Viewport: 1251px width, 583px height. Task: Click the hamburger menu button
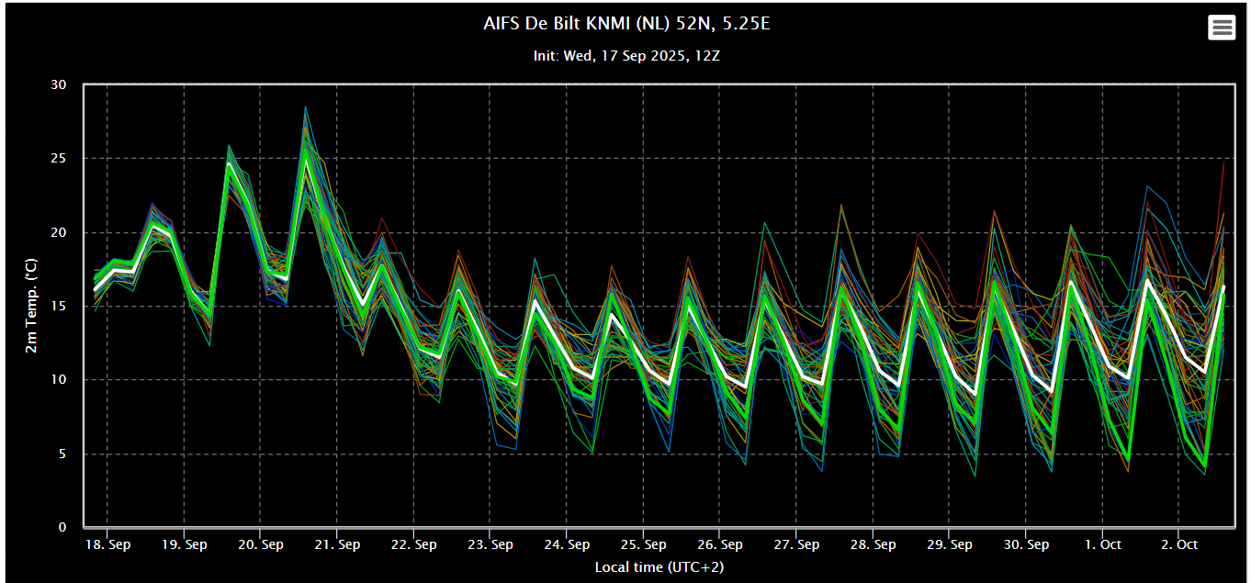tap(1222, 27)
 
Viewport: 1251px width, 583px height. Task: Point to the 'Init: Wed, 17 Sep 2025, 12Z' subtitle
tap(626, 56)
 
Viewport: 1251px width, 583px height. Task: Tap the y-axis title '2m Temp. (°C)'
tap(31, 305)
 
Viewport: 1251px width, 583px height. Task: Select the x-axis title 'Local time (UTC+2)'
tap(659, 566)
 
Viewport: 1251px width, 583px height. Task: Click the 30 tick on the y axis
tap(58, 84)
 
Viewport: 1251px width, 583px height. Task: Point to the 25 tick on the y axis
tap(58, 159)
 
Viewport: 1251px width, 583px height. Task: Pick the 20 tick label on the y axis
tap(58, 232)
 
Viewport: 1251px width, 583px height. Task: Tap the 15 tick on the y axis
tap(58, 306)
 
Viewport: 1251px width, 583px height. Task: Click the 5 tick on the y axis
tap(62, 454)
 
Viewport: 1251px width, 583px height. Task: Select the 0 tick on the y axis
tap(62, 527)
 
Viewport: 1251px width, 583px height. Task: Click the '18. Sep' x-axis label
tap(107, 544)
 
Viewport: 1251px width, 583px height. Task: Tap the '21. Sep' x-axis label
tap(337, 544)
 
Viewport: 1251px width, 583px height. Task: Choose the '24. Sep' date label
tap(567, 544)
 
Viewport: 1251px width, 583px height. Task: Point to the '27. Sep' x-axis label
tap(796, 544)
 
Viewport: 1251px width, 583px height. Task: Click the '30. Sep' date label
tap(1026, 544)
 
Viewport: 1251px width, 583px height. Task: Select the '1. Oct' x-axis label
tap(1103, 544)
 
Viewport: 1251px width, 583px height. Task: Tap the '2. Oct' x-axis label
tap(1179, 544)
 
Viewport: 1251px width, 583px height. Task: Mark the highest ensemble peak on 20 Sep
tap(306, 107)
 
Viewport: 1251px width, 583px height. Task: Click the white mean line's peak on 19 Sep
tap(229, 163)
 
